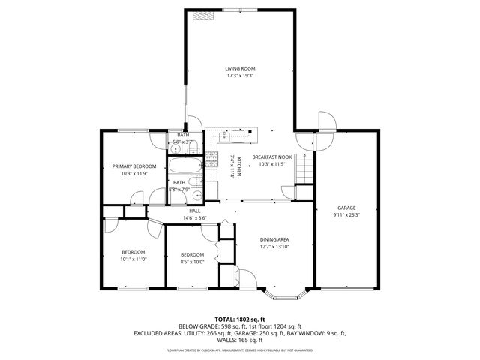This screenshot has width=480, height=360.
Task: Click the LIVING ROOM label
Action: tap(240, 68)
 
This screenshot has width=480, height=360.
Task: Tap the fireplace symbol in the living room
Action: tap(199, 15)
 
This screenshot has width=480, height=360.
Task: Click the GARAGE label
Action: tap(346, 208)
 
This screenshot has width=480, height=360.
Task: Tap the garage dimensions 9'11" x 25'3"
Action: tap(346, 214)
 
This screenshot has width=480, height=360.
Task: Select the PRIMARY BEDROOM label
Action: tap(134, 166)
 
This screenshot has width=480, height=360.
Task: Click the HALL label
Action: tap(194, 211)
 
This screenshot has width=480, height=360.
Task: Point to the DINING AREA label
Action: tap(274, 239)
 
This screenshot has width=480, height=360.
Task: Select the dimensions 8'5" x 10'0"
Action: tap(192, 262)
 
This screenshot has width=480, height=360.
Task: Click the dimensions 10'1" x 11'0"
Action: tap(133, 259)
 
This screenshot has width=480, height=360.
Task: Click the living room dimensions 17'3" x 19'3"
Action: tap(240, 75)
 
